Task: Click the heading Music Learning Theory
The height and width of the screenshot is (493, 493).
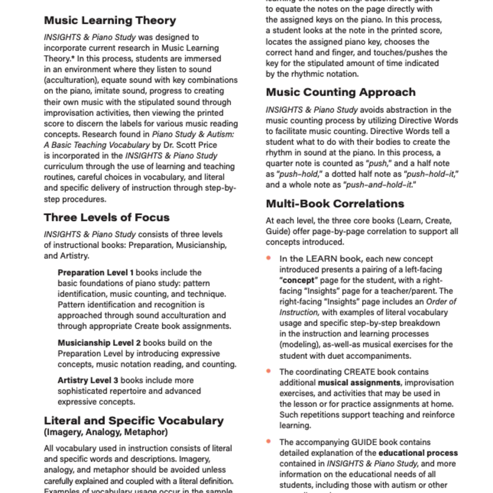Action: point(110,21)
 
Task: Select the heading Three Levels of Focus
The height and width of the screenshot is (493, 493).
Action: point(107,218)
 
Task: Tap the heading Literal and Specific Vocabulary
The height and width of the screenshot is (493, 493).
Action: point(134,421)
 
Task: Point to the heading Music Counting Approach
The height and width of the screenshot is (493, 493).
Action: point(341,92)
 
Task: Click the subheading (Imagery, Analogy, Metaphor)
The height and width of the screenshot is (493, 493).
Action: point(106,432)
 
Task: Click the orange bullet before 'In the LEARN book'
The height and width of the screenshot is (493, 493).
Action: point(269,258)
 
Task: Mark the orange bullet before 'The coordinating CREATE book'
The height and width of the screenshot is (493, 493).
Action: point(269,371)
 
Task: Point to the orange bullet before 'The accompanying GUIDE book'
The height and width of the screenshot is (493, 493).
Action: point(269,441)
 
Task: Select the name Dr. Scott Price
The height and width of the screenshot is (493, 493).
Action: point(186,145)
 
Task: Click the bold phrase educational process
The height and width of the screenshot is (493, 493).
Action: point(418,453)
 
